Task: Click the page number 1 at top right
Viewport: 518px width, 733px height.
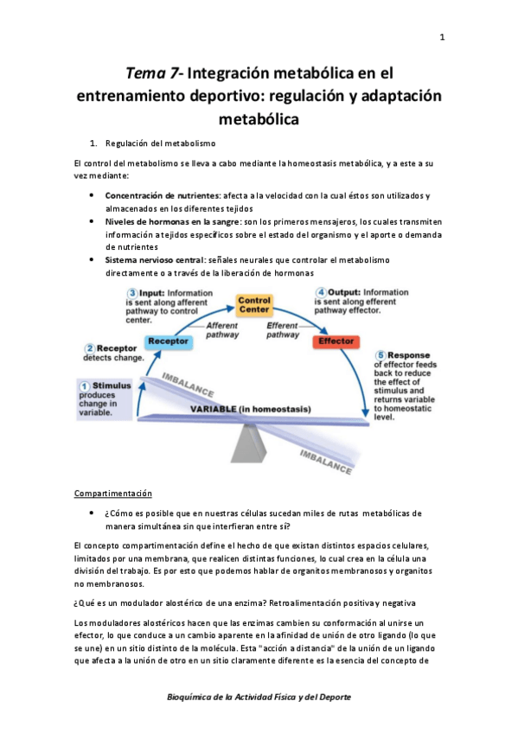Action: [x=441, y=37]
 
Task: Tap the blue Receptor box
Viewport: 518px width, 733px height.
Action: [x=169, y=341]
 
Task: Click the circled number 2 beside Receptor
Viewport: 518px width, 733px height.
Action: [x=89, y=348]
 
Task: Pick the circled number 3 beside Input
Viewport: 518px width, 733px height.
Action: [x=131, y=293]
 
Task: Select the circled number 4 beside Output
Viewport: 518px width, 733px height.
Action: [x=321, y=293]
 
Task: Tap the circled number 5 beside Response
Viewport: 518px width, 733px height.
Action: [x=381, y=355]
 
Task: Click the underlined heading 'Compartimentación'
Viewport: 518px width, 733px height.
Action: [x=112, y=494]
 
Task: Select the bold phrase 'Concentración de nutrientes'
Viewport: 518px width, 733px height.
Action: [x=163, y=196]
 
